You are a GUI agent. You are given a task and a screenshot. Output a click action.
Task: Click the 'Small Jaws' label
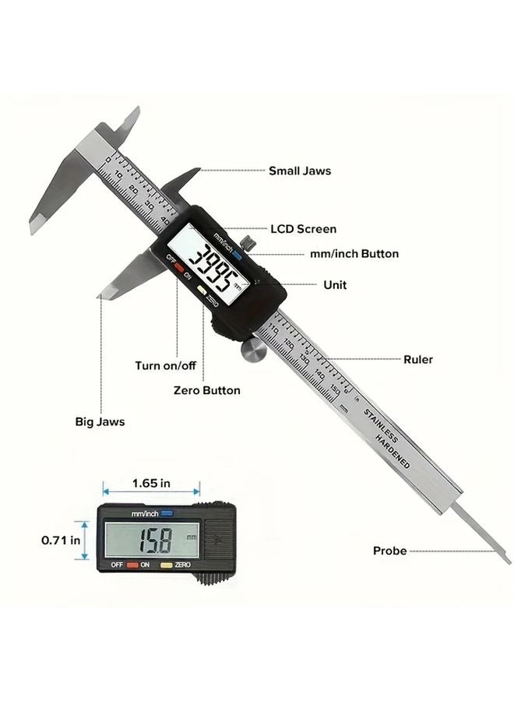pyautogui.click(x=299, y=170)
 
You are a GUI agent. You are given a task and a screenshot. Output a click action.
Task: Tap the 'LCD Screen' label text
pyautogui.click(x=303, y=229)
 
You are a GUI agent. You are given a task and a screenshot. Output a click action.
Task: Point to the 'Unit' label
pyautogui.click(x=335, y=285)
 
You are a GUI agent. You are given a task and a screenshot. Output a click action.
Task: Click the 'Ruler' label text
pyautogui.click(x=417, y=360)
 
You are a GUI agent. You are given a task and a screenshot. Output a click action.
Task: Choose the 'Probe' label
pyautogui.click(x=389, y=551)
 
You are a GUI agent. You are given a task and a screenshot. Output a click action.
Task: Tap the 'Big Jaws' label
pyautogui.click(x=100, y=421)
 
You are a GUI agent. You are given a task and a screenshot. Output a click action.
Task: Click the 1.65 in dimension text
pyautogui.click(x=151, y=483)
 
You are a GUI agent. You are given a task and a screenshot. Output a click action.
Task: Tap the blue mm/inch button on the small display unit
pyautogui.click(x=166, y=513)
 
